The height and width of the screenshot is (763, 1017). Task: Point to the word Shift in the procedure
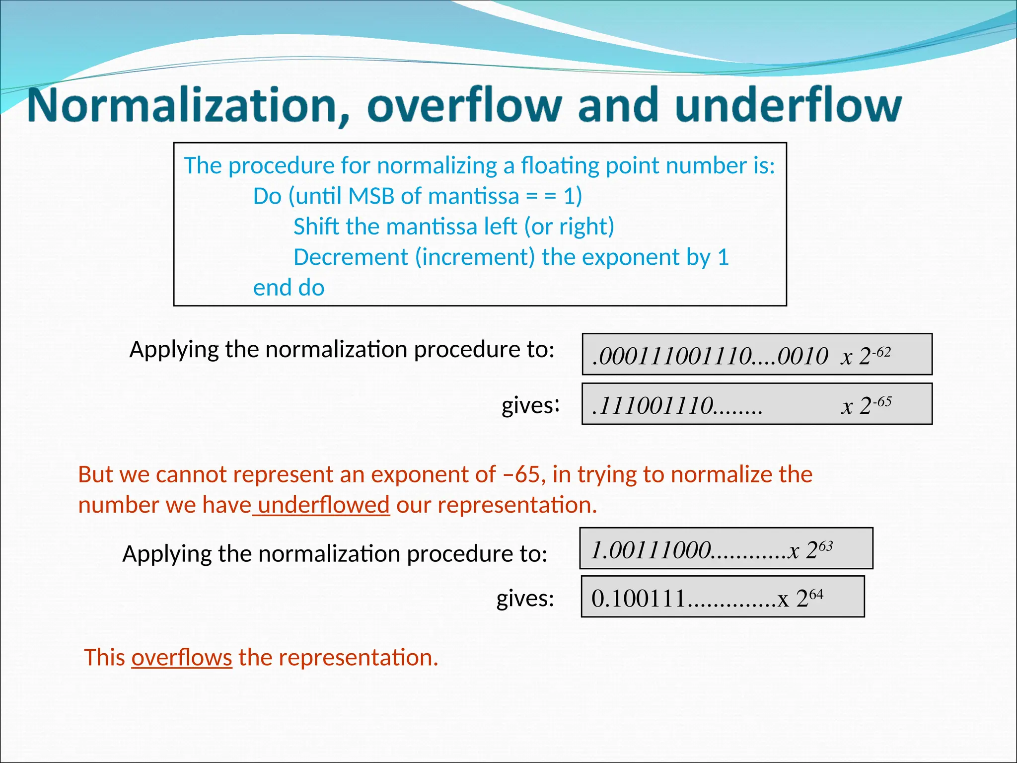click(x=316, y=227)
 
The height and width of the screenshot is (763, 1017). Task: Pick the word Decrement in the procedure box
click(x=351, y=257)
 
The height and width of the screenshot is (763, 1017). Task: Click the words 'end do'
click(x=289, y=288)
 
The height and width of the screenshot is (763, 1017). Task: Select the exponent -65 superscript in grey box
click(x=882, y=401)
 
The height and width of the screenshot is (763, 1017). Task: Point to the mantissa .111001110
click(x=653, y=406)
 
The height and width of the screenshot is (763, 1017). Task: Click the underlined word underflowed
click(x=323, y=505)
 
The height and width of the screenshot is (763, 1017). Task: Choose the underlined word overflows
click(x=182, y=658)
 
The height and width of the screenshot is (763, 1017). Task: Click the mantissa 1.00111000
click(x=651, y=550)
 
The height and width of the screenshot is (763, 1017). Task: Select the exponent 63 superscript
click(x=825, y=546)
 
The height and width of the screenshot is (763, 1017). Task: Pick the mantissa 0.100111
click(x=639, y=599)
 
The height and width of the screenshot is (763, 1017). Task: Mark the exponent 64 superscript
click(x=816, y=595)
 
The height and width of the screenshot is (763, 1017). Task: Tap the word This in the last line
click(x=104, y=658)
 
